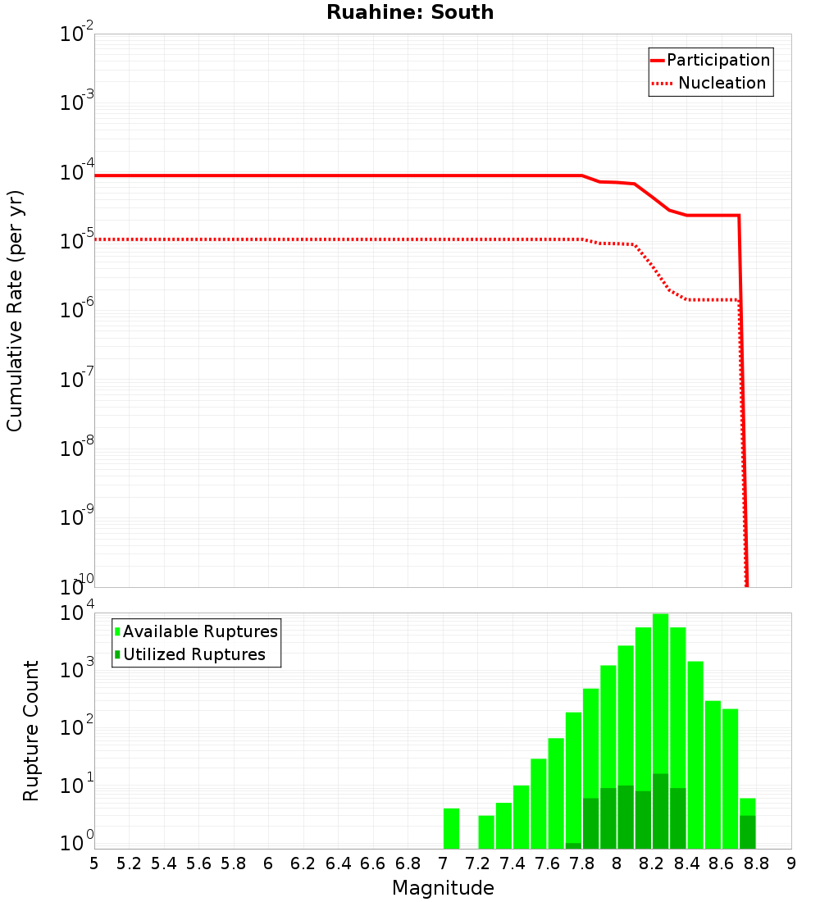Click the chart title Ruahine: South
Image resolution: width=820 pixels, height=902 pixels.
click(410, 12)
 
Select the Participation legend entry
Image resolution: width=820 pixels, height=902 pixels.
click(717, 60)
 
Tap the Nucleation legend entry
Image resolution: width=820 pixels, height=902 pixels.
click(721, 83)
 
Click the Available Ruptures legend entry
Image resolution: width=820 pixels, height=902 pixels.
click(200, 631)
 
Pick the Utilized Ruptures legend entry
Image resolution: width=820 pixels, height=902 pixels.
click(194, 654)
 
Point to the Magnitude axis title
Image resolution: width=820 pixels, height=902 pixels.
click(443, 888)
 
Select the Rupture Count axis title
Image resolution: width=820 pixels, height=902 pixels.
click(31, 730)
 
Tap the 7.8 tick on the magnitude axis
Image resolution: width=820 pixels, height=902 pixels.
click(582, 863)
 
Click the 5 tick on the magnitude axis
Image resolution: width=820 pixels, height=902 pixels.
click(94, 863)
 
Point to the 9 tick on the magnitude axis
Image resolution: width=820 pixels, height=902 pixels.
click(791, 863)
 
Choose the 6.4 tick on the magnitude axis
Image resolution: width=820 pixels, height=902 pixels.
click(338, 863)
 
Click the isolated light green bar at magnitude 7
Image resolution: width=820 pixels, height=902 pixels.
click(451, 828)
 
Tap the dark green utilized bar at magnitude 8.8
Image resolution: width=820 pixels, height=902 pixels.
click(747, 831)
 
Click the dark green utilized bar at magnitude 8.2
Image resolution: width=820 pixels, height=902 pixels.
click(660, 811)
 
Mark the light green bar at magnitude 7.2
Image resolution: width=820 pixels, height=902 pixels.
click(486, 831)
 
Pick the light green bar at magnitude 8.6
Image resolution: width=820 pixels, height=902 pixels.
click(713, 779)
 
